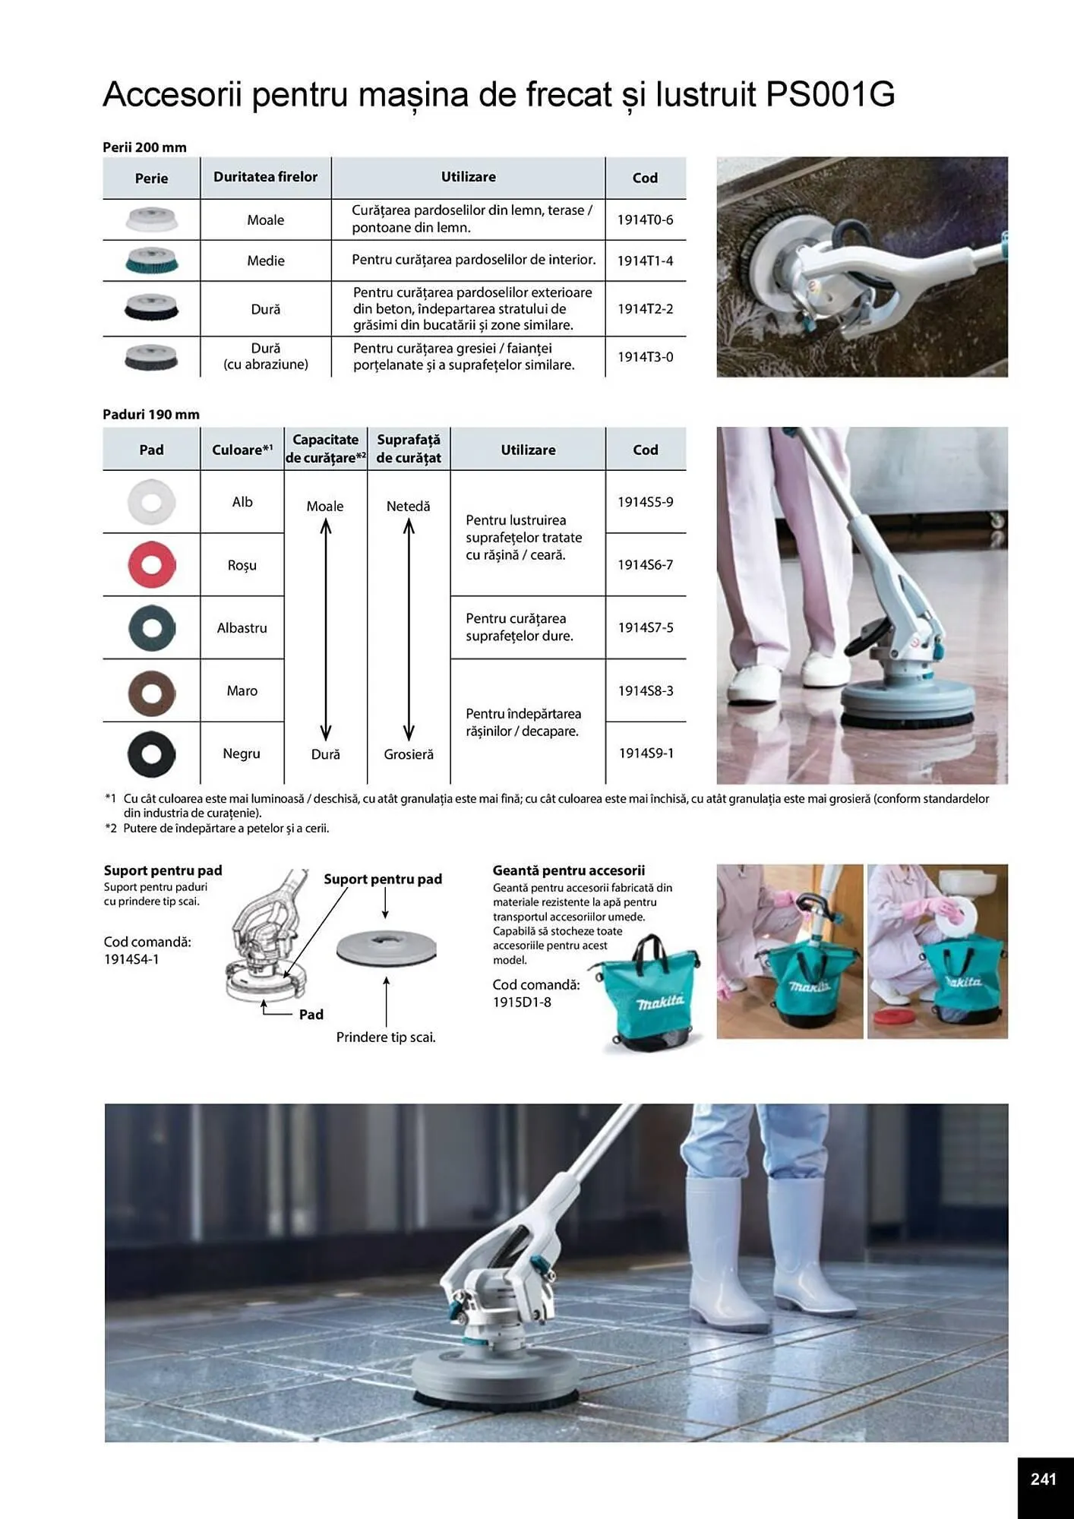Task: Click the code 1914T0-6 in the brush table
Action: coord(645,219)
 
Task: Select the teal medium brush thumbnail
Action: coord(152,260)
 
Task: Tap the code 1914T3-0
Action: coord(645,357)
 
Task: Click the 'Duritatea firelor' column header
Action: coord(265,177)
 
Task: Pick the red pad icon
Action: coord(152,564)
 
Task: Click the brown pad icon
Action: coord(152,692)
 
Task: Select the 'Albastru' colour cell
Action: coord(242,627)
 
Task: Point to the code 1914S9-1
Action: coord(646,753)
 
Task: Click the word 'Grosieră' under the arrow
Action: coord(409,754)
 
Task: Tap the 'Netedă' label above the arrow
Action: coord(409,506)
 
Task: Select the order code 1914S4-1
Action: coord(131,959)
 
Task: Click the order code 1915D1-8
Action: coord(522,1002)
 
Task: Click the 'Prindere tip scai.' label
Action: coord(386,1037)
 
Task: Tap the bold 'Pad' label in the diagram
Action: coord(311,1014)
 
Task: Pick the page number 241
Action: coord(1043,1479)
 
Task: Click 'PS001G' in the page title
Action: coord(830,94)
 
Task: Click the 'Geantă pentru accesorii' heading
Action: coord(568,870)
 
